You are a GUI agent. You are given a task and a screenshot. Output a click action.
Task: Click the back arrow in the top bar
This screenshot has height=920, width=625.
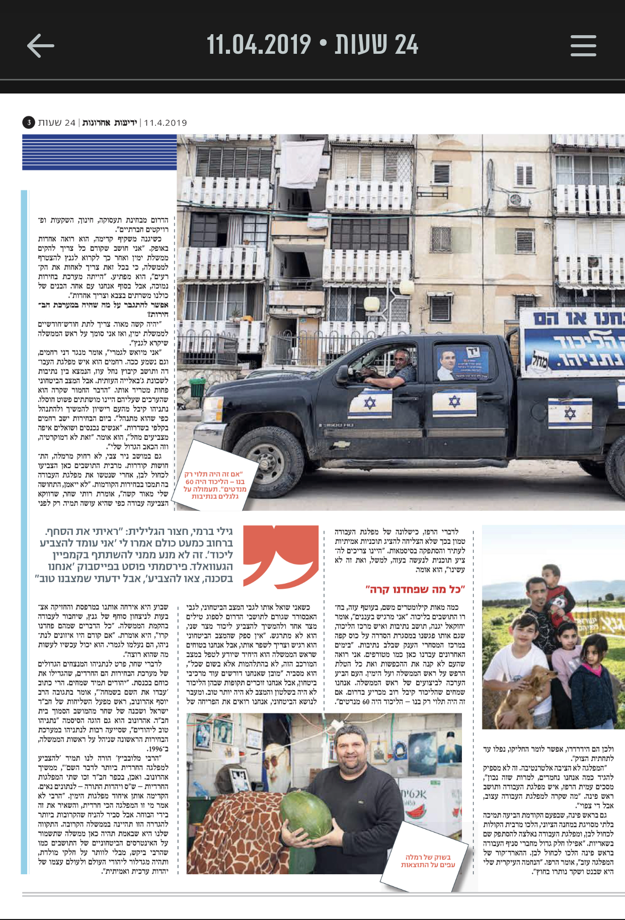coord(40,46)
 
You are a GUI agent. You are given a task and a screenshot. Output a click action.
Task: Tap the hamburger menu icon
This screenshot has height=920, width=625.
coord(583,46)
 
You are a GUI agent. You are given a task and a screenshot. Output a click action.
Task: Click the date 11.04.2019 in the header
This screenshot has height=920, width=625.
coord(259,45)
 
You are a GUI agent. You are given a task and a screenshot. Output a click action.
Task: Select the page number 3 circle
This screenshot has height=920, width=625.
coord(29,122)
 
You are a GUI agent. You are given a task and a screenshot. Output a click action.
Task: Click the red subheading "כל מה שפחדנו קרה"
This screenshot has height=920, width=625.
coord(415,589)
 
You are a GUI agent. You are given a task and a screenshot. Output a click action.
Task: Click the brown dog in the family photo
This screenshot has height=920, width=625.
coord(518,694)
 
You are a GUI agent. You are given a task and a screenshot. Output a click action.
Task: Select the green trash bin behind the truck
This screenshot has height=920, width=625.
coord(198,387)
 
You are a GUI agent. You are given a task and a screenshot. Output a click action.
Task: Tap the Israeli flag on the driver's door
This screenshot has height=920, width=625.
coord(370,404)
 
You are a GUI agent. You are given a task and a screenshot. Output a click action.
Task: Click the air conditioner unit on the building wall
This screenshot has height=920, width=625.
coord(519,200)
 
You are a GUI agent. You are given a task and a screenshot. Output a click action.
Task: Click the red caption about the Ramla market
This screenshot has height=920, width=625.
coord(428,861)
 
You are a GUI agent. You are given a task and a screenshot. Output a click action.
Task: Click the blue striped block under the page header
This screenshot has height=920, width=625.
coord(99,152)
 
